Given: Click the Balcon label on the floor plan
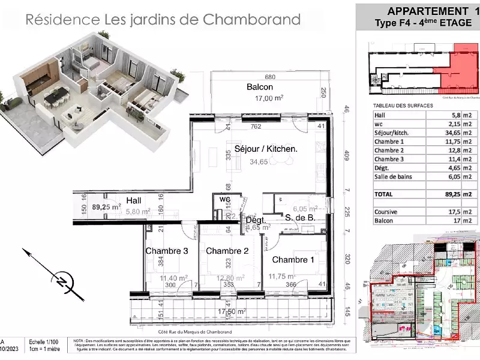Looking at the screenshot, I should click(x=260, y=87).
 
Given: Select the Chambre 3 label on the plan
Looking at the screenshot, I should click(x=166, y=251).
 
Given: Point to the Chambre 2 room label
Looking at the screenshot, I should click(x=227, y=251).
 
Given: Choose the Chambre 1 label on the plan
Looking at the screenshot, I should click(x=293, y=260).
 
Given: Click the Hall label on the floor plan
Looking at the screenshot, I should click(x=134, y=200).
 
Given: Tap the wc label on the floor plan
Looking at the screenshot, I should click(x=225, y=199).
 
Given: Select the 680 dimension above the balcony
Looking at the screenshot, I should click(x=270, y=77).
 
